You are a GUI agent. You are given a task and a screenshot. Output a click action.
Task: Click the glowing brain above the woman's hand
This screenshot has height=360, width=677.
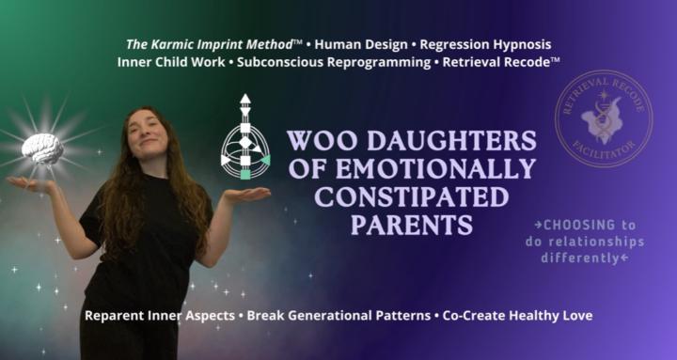[42, 148]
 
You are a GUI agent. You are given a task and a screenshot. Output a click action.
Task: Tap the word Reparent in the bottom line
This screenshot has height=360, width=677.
[116, 315]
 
